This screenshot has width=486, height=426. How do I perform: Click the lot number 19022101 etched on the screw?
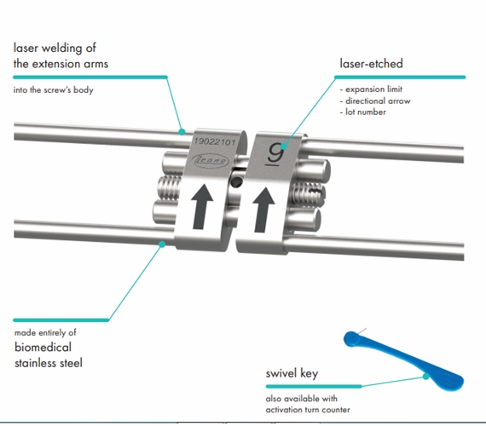point(215,142)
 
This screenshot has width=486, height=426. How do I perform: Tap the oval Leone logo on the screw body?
point(210,160)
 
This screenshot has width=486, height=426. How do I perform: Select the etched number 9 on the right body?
point(275,153)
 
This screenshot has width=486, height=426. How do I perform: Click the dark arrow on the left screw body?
point(202,207)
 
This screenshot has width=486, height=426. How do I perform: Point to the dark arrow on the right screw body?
point(263,210)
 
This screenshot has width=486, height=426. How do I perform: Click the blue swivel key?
point(403,360)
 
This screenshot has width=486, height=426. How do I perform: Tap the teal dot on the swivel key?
point(425,377)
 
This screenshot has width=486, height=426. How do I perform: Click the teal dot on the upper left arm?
point(182,132)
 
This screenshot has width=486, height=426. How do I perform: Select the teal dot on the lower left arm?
point(162,245)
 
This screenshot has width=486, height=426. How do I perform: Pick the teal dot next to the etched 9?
point(283,147)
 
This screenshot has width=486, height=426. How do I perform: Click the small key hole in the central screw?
point(236,182)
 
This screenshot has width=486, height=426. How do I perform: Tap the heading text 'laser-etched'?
point(371,64)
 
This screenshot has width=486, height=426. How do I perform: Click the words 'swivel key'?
point(292,373)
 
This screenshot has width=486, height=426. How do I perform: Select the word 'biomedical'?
point(43,347)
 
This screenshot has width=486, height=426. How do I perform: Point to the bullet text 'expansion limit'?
point(373,89)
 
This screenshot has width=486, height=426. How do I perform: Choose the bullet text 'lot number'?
point(366,112)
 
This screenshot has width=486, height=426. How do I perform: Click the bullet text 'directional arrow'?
point(378,101)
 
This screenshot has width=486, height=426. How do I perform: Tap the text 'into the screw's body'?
point(54,89)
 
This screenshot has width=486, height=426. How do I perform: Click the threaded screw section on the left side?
point(169,187)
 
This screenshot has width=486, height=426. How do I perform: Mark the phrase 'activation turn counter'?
point(308,410)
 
